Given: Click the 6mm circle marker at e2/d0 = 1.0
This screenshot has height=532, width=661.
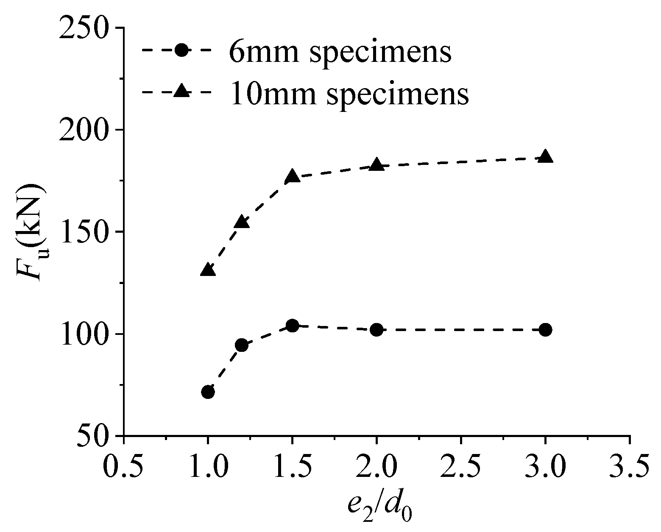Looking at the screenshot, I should coord(208,392).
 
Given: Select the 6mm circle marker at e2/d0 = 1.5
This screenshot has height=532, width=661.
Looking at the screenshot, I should coord(292,326).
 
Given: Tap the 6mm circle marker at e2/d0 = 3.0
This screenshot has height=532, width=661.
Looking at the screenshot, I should coord(546,329).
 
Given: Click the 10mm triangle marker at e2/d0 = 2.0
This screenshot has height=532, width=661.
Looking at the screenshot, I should coord(377,165).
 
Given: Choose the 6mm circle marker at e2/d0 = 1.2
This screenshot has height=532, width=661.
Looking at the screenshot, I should coord(242,345).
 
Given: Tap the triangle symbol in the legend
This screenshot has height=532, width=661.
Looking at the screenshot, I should coord(181,92).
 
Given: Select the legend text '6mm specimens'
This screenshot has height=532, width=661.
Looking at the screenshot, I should coord(340,52).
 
